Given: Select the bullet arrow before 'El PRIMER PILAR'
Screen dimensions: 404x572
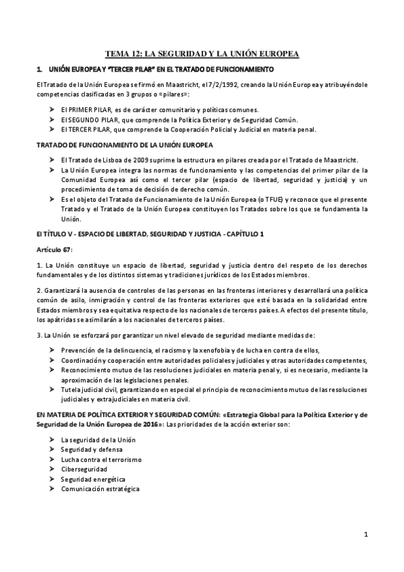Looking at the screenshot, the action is [53, 109].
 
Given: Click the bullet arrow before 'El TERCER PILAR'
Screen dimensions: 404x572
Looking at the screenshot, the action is [53, 130].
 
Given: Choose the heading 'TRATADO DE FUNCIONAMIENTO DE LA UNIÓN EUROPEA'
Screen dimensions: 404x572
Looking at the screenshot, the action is [125, 145].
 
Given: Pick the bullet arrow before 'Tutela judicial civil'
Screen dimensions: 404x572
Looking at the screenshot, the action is [53, 390].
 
